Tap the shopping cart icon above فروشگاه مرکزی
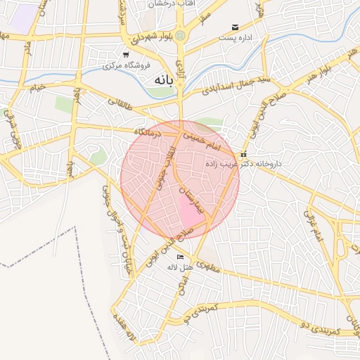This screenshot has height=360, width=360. (x=125, y=55)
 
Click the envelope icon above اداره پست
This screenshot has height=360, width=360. (x=235, y=28)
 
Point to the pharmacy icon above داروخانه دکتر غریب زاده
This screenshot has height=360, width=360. (x=244, y=154)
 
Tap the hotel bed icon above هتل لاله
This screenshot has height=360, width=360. (x=180, y=257)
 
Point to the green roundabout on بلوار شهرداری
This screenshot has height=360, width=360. (x=181, y=34)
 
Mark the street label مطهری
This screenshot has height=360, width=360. (x=209, y=267)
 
